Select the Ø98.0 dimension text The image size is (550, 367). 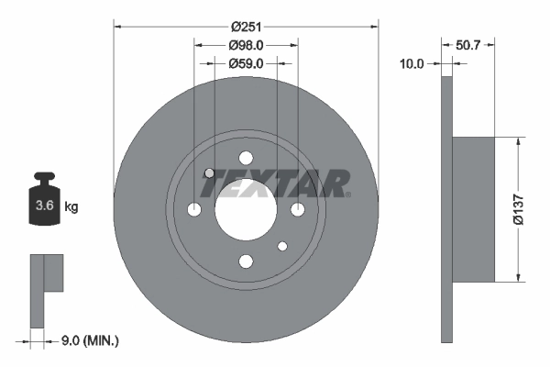pos(246,45)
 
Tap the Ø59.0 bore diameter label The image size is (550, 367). pos(246,63)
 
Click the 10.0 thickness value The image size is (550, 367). pos(412,63)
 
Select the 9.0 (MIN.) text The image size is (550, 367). pos(88,340)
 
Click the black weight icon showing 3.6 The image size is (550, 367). pos(43,201)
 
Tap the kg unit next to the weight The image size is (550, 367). pos(71,207)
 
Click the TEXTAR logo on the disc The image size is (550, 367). pos(274,183)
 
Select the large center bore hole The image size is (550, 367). pos(245,209)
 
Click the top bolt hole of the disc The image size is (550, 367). pos(245,158)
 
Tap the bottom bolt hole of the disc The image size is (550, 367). pos(245,261)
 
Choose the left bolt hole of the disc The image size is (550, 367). pos(193,209)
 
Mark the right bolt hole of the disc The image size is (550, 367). pos(297,209)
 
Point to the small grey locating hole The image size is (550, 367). pos(209,173)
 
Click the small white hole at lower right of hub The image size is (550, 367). pos(281,246)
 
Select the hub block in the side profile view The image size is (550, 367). pos(474,209)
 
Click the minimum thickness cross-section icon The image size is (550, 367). pos(45,289)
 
